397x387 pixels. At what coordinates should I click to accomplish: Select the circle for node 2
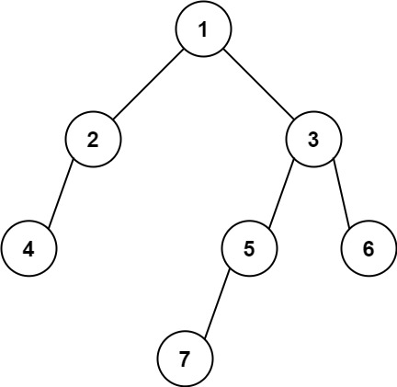coord(93,140)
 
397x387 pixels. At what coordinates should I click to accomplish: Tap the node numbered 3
coord(313,140)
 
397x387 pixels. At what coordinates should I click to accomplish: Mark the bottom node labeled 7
coord(184,357)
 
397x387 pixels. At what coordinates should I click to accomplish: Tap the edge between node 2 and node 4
coord(60,194)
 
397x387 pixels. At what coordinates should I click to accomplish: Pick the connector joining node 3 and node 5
coord(280,194)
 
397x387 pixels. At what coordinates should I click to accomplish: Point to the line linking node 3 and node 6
coord(341,194)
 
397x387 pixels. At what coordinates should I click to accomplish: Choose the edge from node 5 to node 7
coord(216,302)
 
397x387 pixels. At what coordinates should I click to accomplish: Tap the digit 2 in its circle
coord(93,140)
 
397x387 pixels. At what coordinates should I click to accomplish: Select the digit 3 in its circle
coord(313,140)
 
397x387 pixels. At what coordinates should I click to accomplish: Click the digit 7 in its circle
coord(184,357)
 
